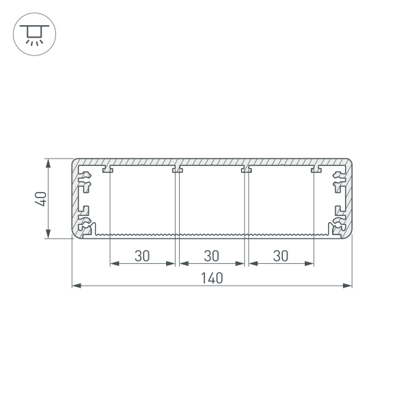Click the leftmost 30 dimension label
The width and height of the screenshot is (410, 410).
142,256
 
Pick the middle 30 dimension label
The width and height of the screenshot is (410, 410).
212,256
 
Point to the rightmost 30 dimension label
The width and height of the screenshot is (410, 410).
281,256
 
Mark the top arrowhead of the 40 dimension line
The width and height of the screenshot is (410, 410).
48,163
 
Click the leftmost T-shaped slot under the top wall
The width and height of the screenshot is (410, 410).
108,169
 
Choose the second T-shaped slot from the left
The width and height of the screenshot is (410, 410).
177,169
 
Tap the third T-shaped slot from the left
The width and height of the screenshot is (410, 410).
247,169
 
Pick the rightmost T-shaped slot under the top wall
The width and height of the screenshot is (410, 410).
316,169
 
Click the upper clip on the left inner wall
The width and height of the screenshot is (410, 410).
85,181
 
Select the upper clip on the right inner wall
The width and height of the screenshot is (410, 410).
338,181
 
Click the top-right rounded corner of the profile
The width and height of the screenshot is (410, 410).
348,163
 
